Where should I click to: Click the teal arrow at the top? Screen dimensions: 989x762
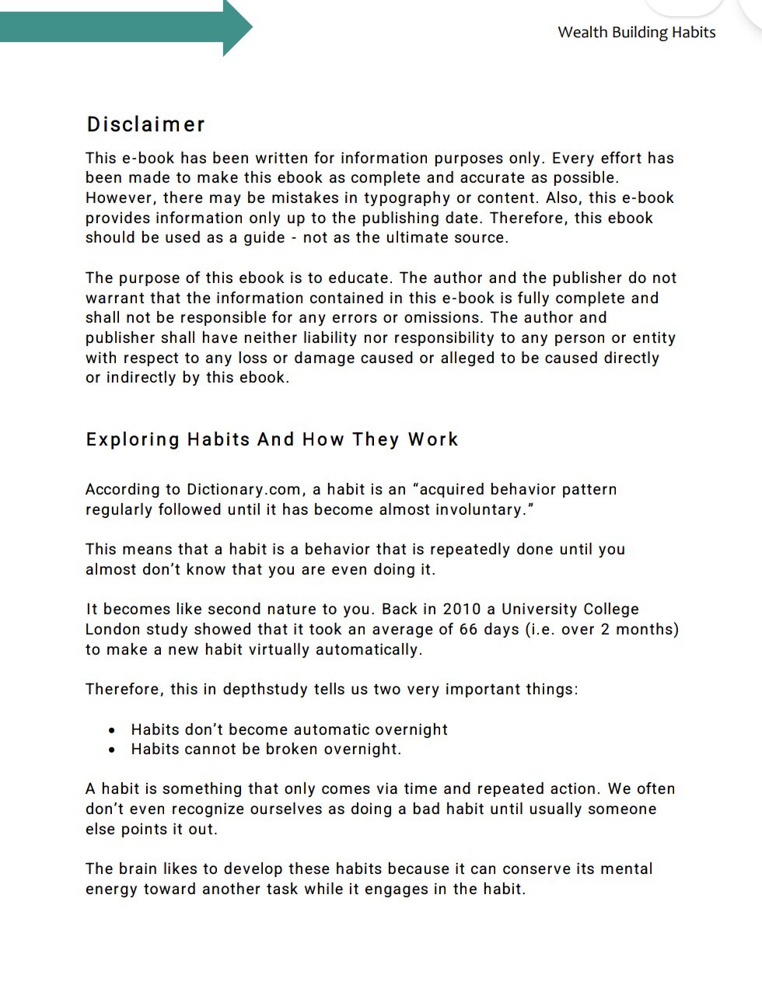coord(124,27)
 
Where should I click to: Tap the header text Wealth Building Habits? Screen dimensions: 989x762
coord(636,32)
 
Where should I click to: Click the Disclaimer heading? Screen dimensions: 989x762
coord(146,124)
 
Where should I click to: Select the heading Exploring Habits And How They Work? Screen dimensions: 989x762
coord(272,439)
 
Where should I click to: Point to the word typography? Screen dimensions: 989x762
coord(428,197)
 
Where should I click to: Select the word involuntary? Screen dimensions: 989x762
coord(474,509)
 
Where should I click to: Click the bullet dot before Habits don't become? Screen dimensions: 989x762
coord(114,730)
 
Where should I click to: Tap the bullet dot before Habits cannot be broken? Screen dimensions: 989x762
coord(114,750)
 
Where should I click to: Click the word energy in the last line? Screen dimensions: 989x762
coord(111,888)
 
